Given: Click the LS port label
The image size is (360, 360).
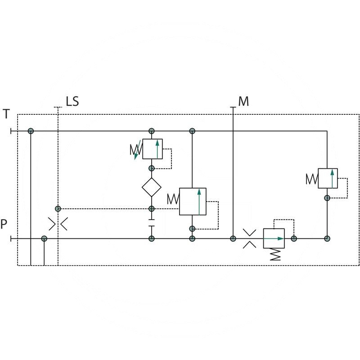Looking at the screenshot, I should coord(72,101).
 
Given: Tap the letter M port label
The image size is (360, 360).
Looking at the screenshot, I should coord(243,101).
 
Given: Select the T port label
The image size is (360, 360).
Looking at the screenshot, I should coord(6,114).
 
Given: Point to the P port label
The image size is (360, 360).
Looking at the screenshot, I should coord(4,224).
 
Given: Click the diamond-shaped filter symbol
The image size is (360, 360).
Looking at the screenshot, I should coord(152,187).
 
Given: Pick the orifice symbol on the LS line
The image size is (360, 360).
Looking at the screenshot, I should coord(58,224).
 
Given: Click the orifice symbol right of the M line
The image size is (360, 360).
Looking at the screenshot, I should coord(249,238).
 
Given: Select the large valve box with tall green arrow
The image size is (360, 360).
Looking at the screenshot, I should coord(193,201).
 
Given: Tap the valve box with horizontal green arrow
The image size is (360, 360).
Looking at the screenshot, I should coord(274,238).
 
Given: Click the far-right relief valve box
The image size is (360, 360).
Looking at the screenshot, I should coord(328,178).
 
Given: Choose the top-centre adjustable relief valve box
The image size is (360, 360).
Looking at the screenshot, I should coord(152,149).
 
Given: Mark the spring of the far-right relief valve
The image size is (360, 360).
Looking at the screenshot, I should coord(312,179).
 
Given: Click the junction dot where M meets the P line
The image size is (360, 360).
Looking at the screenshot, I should coord(233,238).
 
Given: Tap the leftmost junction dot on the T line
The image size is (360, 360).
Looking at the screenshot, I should coord(31,131).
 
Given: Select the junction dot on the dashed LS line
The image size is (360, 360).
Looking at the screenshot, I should coord(58,209).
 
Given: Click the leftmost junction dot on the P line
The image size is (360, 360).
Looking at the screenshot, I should coord(44,238).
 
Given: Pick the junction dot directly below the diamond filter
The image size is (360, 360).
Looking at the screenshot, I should coord(152,209).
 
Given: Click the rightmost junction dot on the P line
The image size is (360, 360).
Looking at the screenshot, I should coord(328,238).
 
